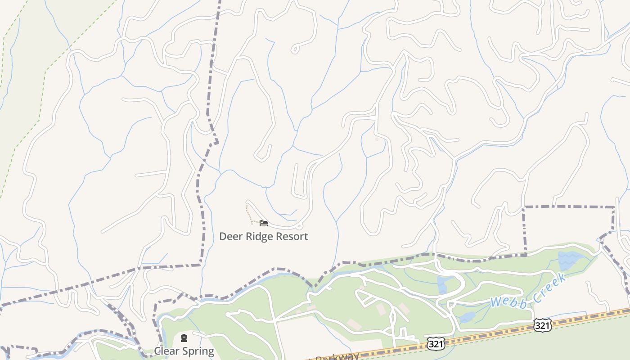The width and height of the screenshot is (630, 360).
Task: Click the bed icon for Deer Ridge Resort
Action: click(264, 223)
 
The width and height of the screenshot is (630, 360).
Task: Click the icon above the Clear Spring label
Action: click(184, 338)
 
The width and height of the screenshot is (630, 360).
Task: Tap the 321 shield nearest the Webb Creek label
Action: click(542, 325)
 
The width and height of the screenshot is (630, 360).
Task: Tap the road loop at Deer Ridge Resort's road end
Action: click(300, 226)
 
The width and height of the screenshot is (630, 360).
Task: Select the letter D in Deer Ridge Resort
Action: click(223, 237)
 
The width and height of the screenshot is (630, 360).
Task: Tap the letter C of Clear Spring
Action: click(157, 351)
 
